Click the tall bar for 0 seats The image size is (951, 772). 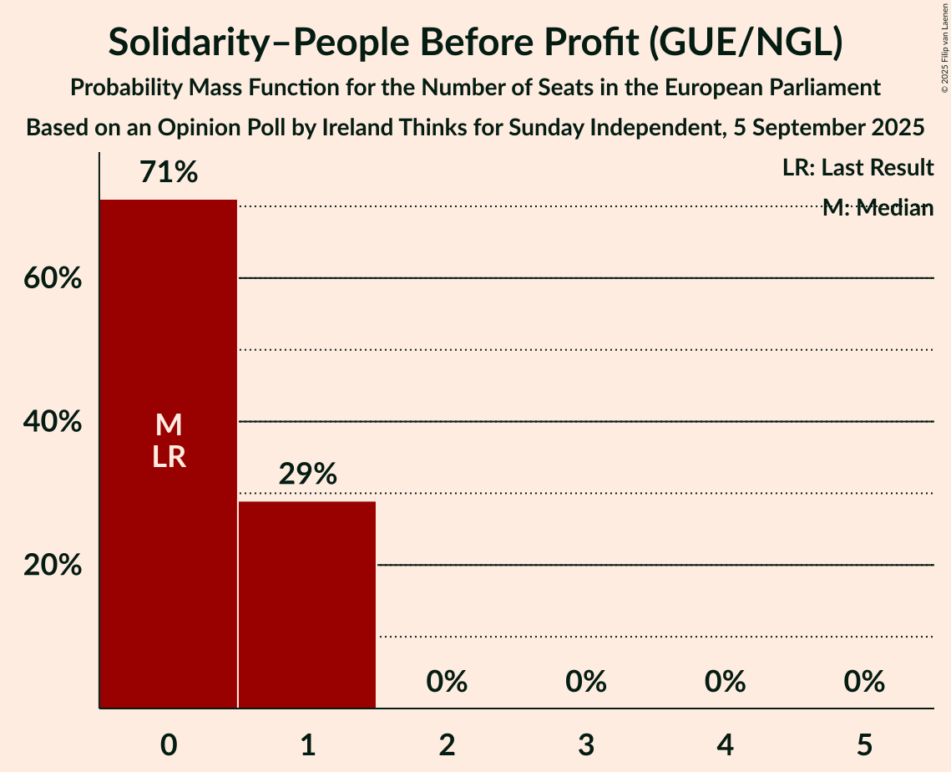pos(168,334)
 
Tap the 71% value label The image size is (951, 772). pos(169,173)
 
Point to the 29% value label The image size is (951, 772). pos(307,475)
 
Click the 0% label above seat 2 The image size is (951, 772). pos(447,682)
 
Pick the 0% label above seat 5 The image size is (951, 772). pos(864,682)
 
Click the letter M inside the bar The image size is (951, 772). pos(169,425)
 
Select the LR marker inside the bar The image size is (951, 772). pos(169,457)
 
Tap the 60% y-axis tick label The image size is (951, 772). pos(53,278)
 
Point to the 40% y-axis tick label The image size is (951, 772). pos(53,422)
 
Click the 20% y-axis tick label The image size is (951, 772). pos(53,566)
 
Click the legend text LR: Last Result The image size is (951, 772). pos(857,168)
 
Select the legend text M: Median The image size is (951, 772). pos(877,208)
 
